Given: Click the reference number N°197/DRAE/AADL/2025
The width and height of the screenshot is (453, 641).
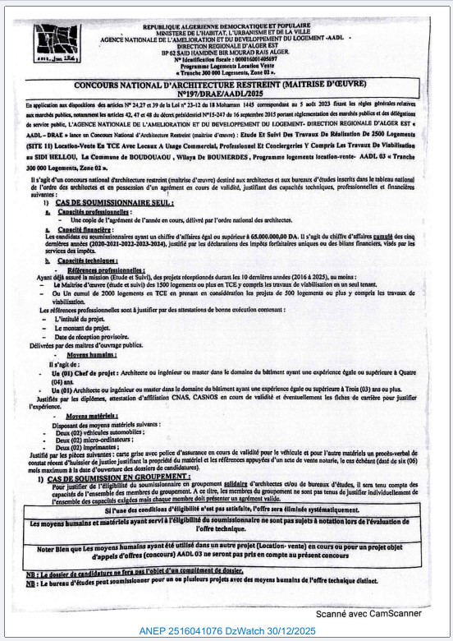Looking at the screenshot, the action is pyautogui.click(x=226, y=95).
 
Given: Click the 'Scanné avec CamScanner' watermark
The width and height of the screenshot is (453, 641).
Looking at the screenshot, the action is pyautogui.click(x=368, y=613).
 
